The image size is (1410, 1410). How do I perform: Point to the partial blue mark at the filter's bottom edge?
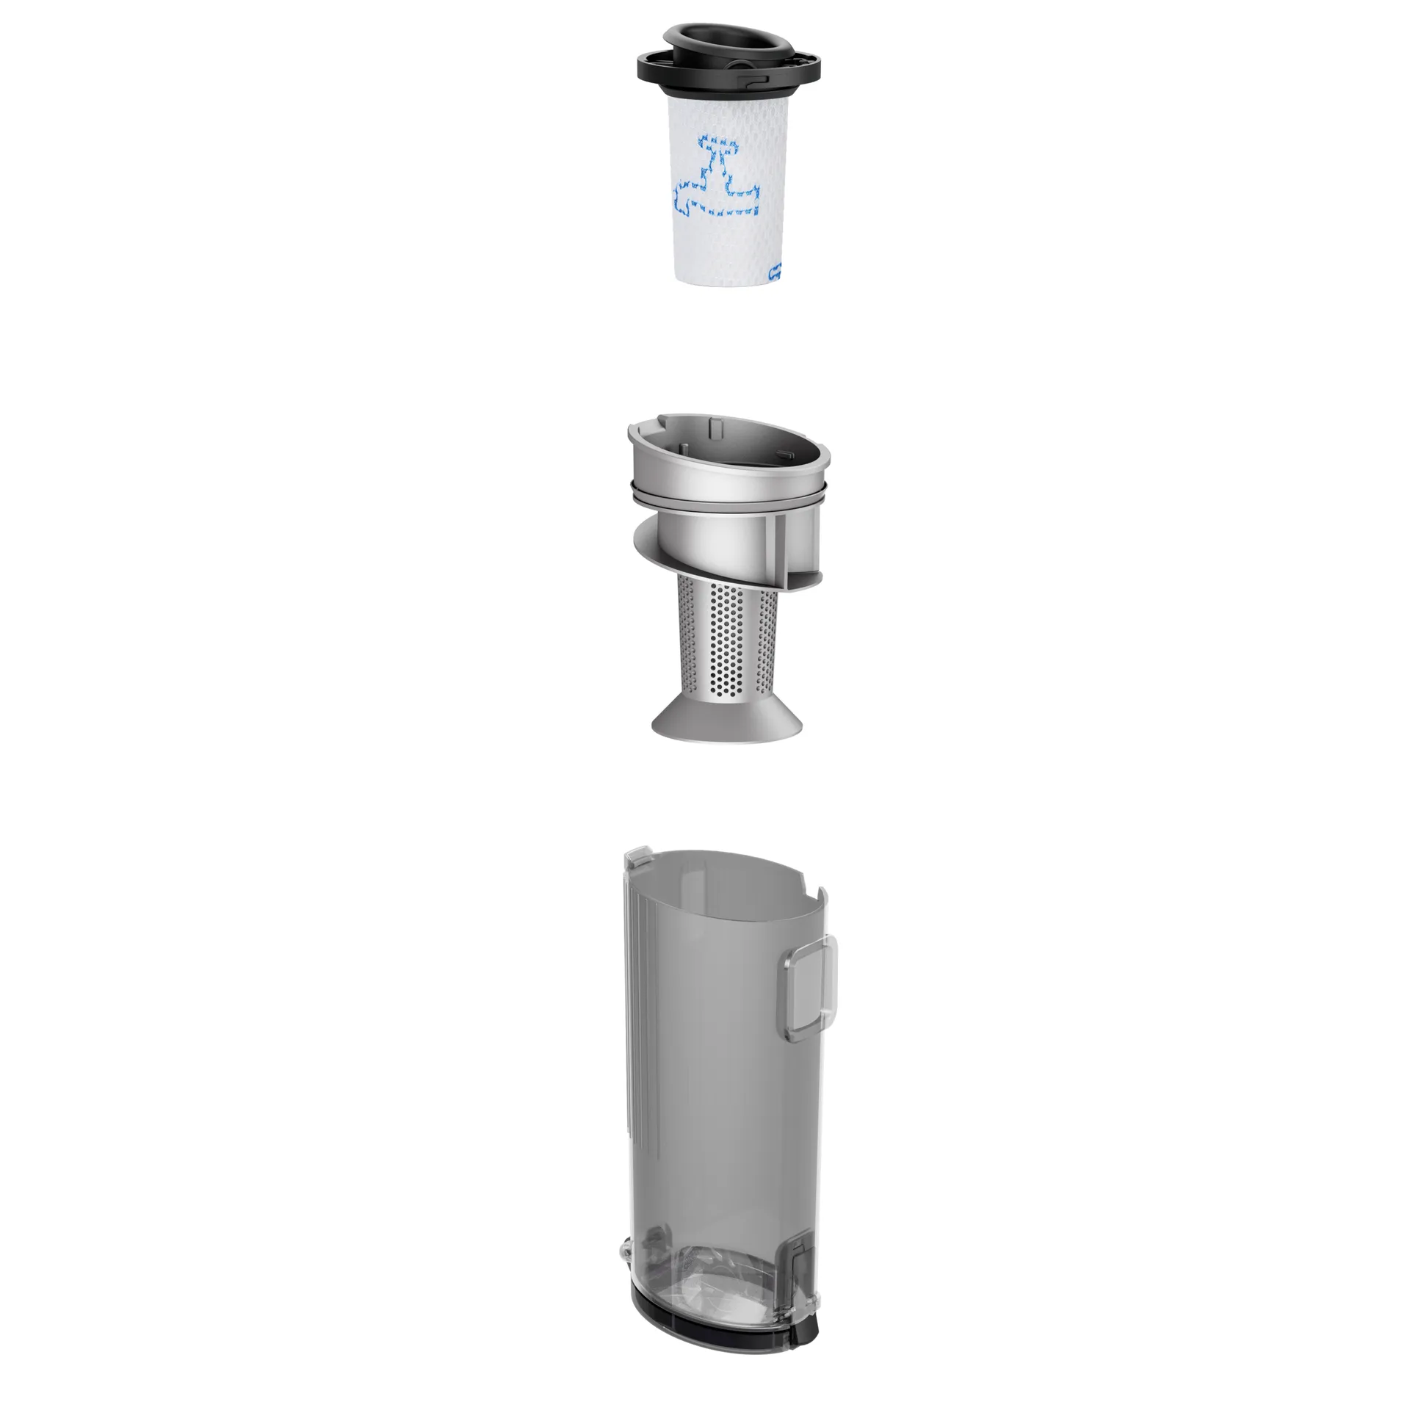[x=773, y=274]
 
